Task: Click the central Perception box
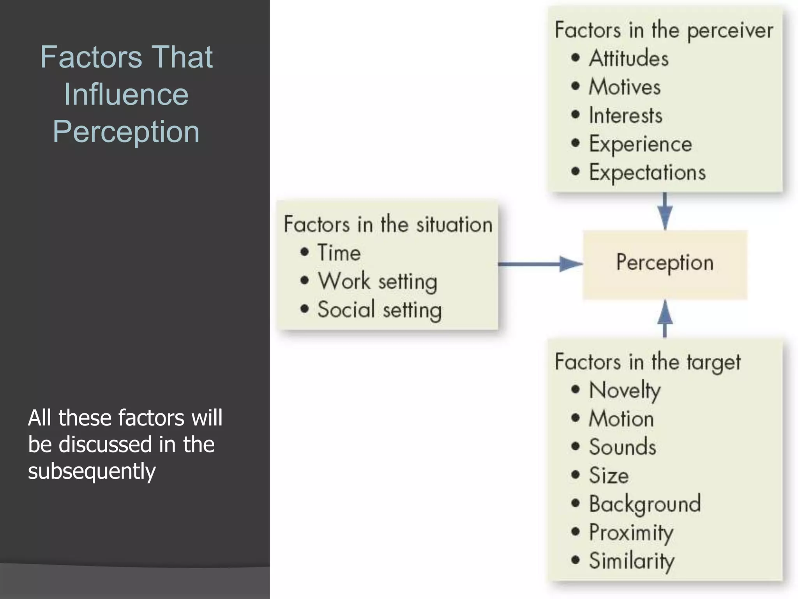(x=665, y=264)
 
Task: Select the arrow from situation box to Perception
(x=540, y=264)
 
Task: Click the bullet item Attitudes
(x=628, y=58)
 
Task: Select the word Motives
(x=625, y=87)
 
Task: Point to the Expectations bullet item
(x=647, y=172)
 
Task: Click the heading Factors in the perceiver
(x=664, y=30)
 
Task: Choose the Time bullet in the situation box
(x=339, y=252)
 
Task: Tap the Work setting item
(x=377, y=281)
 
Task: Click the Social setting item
(x=379, y=310)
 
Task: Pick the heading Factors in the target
(x=647, y=362)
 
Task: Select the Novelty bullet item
(x=625, y=390)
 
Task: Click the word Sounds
(x=622, y=447)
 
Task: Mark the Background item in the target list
(x=644, y=504)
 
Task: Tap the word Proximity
(x=631, y=532)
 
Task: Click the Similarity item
(x=631, y=561)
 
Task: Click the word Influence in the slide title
(x=126, y=94)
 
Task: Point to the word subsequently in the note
(x=92, y=471)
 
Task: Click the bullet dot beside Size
(x=576, y=475)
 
